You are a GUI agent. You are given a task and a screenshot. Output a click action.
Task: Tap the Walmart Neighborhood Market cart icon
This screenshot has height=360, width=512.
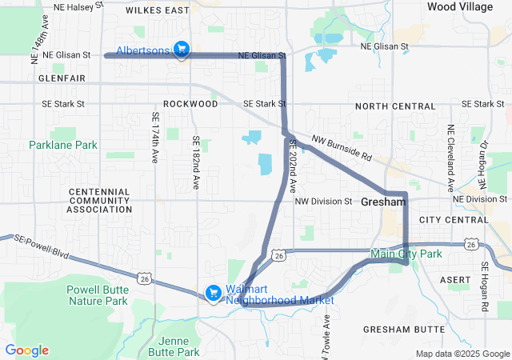coord(214,294)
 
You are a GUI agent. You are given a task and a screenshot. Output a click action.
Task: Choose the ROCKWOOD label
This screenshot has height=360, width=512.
coord(190,104)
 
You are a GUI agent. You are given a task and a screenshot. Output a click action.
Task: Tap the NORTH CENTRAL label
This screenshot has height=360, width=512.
coord(395,106)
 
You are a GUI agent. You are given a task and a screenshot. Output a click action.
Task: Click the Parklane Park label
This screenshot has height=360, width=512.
coord(62,145)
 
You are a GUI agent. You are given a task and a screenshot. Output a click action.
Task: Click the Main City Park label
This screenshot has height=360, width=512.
coord(406,254)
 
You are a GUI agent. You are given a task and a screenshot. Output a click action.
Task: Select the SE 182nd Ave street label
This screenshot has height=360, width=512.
coord(195,162)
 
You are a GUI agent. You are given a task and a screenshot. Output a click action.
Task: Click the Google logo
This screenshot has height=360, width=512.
coord(27,350)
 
